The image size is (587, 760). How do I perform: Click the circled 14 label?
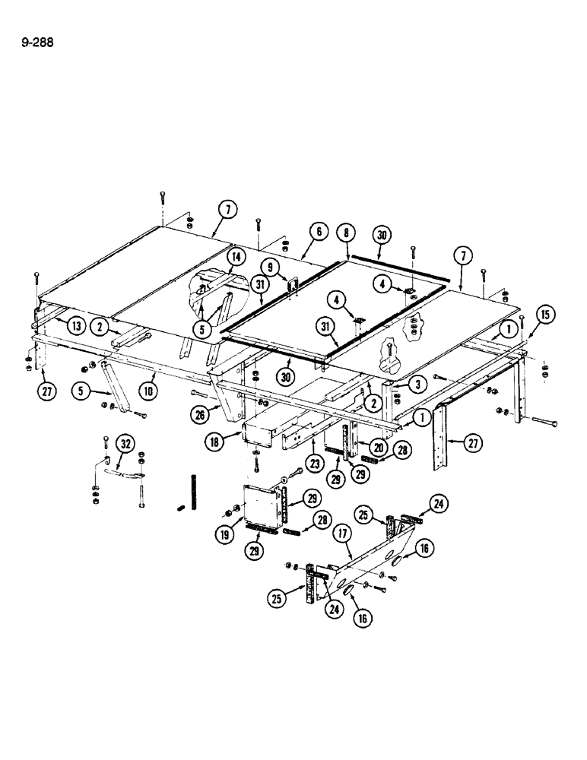pyautogui.click(x=234, y=258)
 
